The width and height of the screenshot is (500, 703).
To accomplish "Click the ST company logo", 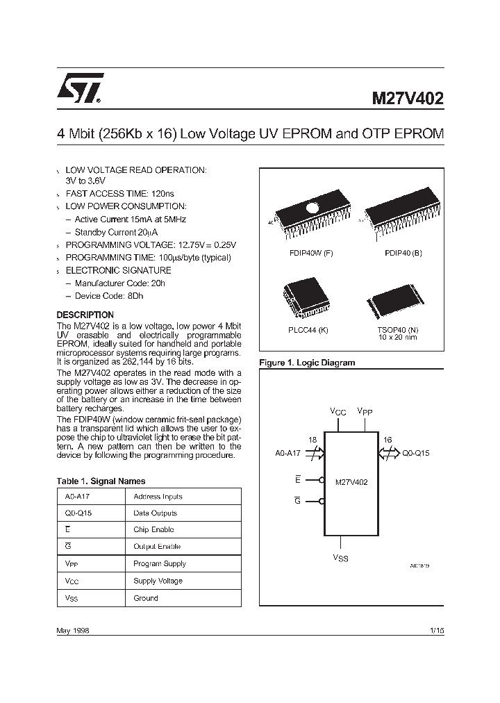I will tap(81, 88).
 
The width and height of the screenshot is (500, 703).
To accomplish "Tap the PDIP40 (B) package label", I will tap(403, 253).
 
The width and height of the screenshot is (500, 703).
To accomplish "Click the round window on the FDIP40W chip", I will tap(312, 206).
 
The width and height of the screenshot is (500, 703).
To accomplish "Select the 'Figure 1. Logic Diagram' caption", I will tap(306, 363).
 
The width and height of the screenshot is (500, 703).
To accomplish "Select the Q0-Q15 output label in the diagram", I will tap(416, 453).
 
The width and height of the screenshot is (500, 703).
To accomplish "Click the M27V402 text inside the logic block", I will tap(351, 481).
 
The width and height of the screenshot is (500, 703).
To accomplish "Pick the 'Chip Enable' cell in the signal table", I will tap(153, 529).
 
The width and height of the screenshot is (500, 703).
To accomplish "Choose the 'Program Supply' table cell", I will tap(160, 563).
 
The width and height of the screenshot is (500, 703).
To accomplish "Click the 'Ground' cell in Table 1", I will tap(146, 597).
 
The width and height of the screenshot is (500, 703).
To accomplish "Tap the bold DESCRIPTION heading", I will tap(85, 315).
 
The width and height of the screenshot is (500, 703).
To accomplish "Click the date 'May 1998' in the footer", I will tap(72, 629).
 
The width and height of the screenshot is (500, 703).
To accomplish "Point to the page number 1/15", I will tap(437, 629).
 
